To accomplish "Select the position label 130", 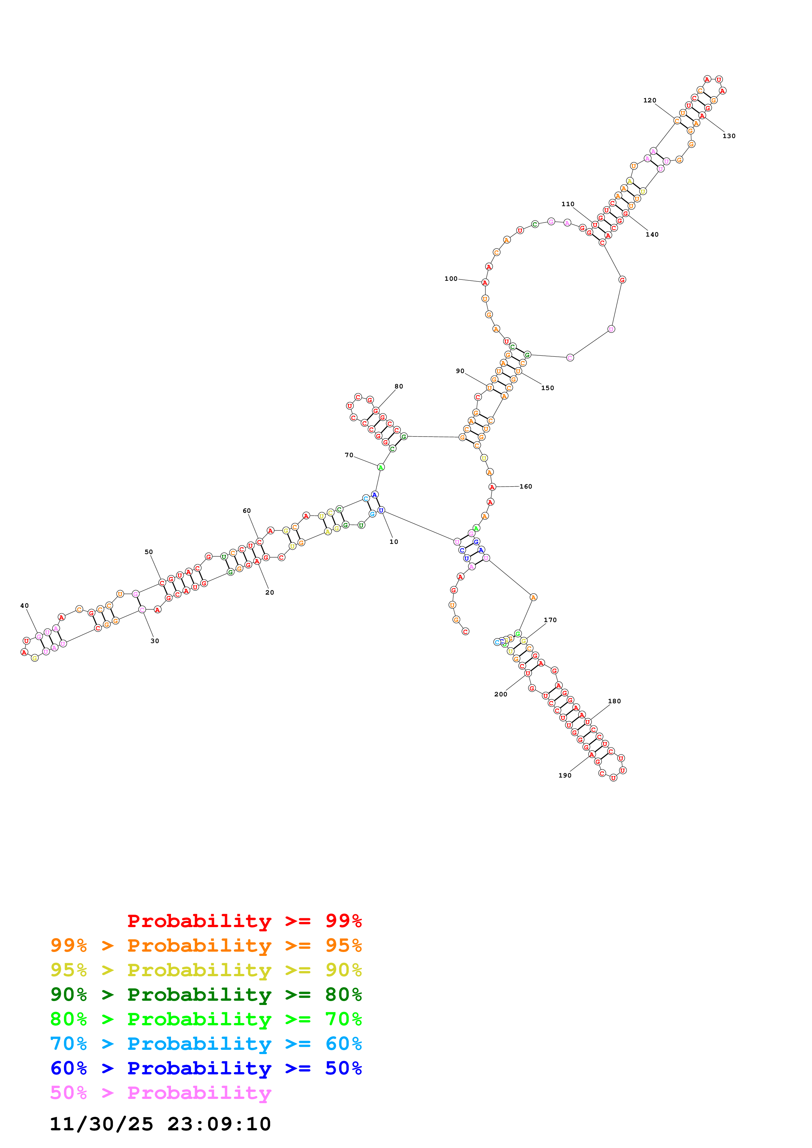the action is click(x=728, y=136).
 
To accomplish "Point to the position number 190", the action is click(x=564, y=776).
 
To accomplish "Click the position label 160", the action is click(x=525, y=487).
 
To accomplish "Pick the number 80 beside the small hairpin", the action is click(x=398, y=386).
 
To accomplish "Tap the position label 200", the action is click(x=500, y=694).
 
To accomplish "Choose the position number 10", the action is click(x=394, y=542).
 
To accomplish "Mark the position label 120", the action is click(x=650, y=100).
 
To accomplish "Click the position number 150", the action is click(x=547, y=388).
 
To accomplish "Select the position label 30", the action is click(x=155, y=641).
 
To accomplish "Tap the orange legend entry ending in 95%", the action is click(x=206, y=945).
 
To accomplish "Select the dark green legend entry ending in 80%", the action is click(x=206, y=995).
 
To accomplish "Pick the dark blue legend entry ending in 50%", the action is click(x=206, y=1068).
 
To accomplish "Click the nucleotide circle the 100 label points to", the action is click(x=484, y=282).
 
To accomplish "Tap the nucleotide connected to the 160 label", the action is click(x=492, y=487).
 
